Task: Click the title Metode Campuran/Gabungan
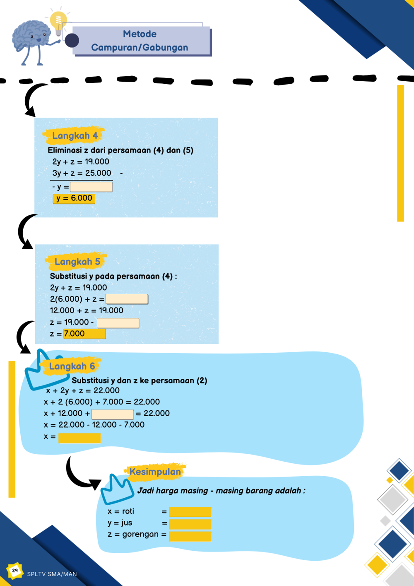point(140,41)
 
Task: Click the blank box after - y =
point(91,187)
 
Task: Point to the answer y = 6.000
point(74,199)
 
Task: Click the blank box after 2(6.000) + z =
point(127,299)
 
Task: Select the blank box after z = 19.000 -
point(118,322)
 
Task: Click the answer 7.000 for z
point(84,334)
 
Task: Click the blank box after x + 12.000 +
point(113,414)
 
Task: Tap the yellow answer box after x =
point(79,438)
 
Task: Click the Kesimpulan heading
point(155,472)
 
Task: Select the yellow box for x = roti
point(190,512)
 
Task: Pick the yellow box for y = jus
point(190,524)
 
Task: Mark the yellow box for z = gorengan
point(190,536)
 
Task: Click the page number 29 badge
point(15,571)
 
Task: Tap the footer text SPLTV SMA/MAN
point(52,574)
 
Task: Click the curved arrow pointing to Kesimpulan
point(81,475)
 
